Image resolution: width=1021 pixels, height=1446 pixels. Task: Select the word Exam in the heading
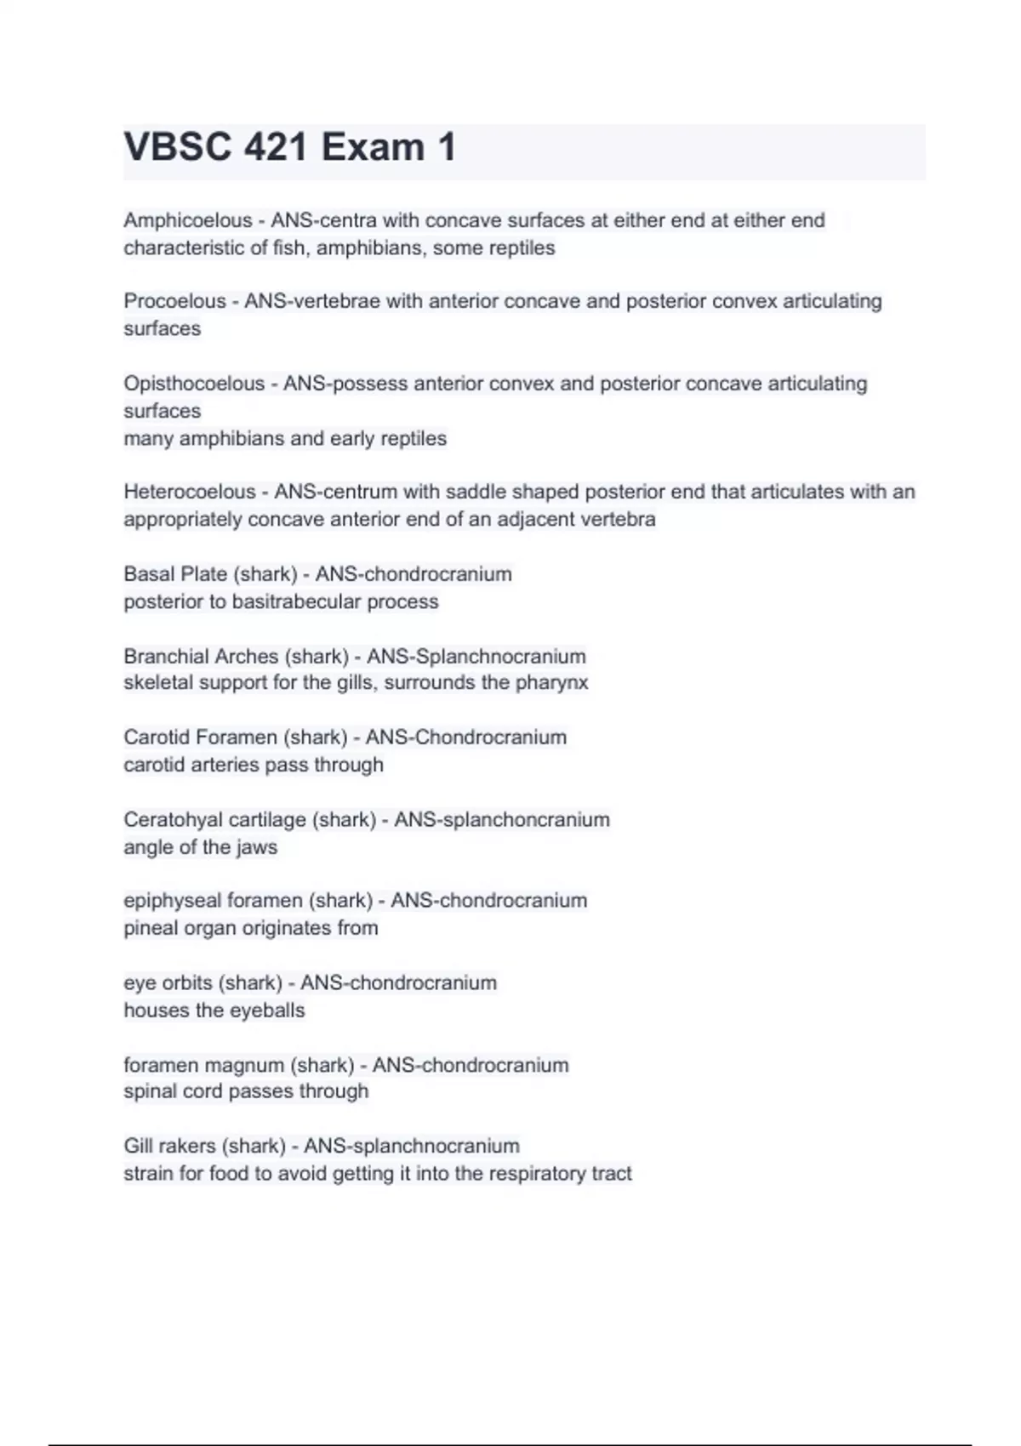coord(373,147)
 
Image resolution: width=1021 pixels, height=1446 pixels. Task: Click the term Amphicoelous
coord(187,220)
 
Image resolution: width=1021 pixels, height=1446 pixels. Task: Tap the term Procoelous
coord(174,301)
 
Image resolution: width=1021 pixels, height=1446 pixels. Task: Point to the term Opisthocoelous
coord(194,384)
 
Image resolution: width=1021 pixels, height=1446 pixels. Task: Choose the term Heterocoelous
coord(189,492)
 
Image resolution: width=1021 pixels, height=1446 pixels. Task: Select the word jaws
coord(257,847)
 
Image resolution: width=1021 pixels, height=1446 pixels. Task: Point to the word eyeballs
coord(266,1010)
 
